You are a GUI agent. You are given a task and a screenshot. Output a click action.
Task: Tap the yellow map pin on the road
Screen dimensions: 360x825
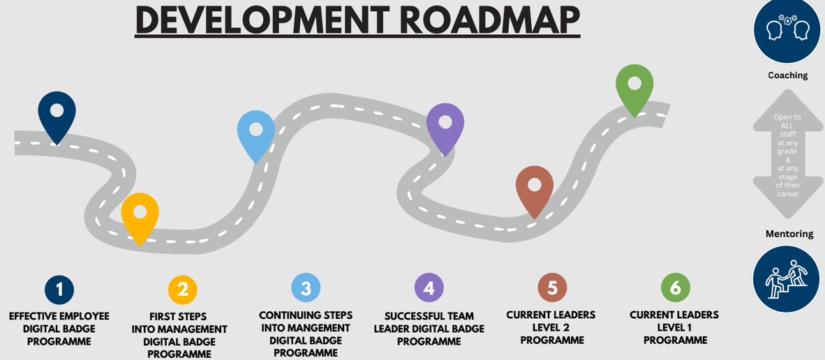[x=140, y=214]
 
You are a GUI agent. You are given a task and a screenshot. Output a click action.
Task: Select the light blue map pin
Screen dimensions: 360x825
[x=256, y=133]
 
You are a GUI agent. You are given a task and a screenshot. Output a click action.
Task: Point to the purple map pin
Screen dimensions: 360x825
[x=445, y=125]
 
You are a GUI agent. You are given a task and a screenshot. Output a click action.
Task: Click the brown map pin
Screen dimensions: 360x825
[x=535, y=188]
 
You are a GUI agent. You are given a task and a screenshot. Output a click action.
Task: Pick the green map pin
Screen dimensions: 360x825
[x=634, y=87]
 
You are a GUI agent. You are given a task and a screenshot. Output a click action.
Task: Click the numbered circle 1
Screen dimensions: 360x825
[x=59, y=289]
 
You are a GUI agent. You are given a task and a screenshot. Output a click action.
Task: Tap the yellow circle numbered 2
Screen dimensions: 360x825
[x=183, y=290]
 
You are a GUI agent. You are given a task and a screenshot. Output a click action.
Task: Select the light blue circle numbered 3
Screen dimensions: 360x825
[x=306, y=287]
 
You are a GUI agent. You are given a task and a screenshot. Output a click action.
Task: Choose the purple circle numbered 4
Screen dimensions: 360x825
[x=429, y=287]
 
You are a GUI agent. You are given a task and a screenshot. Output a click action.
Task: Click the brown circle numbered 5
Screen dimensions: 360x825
[x=552, y=287]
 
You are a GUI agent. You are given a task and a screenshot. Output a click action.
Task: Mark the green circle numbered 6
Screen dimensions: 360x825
[x=676, y=287]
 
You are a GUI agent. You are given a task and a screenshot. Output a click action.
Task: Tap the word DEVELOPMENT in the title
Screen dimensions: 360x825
[x=261, y=20]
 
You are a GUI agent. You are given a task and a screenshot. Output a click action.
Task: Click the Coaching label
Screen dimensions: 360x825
[x=787, y=75]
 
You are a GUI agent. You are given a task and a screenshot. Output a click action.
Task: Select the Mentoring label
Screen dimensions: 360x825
[x=789, y=234]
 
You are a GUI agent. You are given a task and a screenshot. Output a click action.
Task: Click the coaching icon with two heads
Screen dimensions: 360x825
[x=787, y=30]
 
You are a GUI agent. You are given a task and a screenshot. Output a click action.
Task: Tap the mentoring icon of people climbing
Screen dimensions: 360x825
[x=786, y=279]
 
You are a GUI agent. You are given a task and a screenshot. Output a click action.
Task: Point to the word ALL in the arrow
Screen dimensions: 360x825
[x=787, y=126]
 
